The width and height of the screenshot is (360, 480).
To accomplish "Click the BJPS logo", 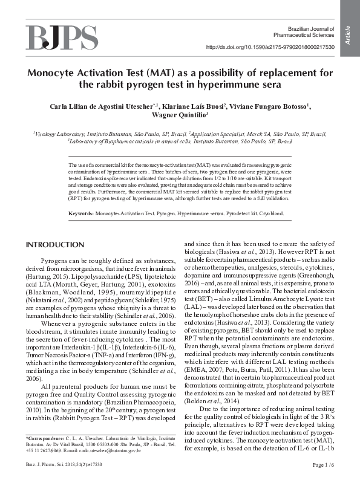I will pyautogui.click(x=61, y=37).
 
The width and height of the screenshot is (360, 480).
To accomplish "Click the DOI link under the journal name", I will pyautogui.click(x=270, y=47).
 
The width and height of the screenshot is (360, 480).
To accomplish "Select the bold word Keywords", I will pyautogui.click(x=80, y=213).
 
